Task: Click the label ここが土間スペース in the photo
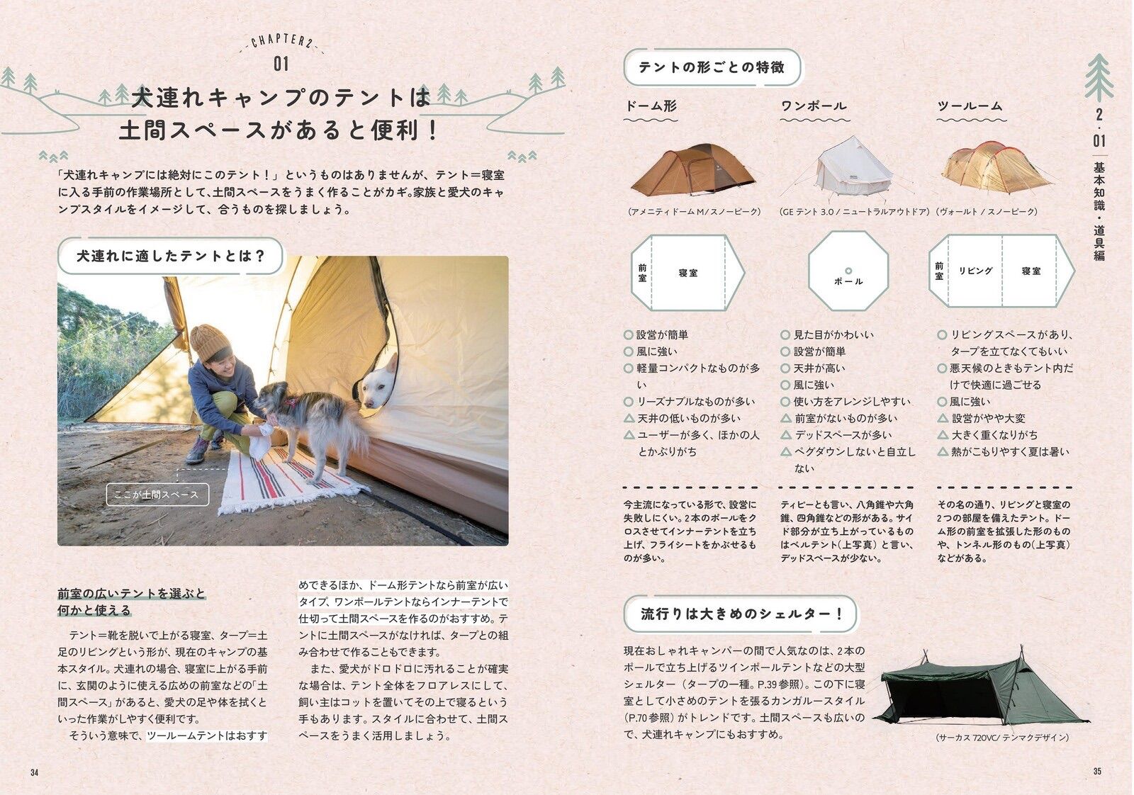pyautogui.click(x=157, y=495)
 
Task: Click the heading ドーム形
pyautogui.click(x=651, y=106)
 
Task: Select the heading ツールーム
pyautogui.click(x=970, y=106)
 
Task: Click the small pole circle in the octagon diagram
pyautogui.click(x=848, y=271)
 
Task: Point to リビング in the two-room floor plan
pyautogui.click(x=975, y=271)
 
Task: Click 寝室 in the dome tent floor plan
pyautogui.click(x=688, y=273)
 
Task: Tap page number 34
pyautogui.click(x=35, y=772)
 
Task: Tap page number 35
pyautogui.click(x=1097, y=771)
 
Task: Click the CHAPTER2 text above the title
pyautogui.click(x=281, y=40)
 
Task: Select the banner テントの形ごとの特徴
pyautogui.click(x=712, y=67)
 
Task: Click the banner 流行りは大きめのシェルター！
pyautogui.click(x=741, y=614)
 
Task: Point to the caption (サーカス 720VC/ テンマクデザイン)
pyautogui.click(x=1002, y=738)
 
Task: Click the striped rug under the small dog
pyautogui.click(x=293, y=480)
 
